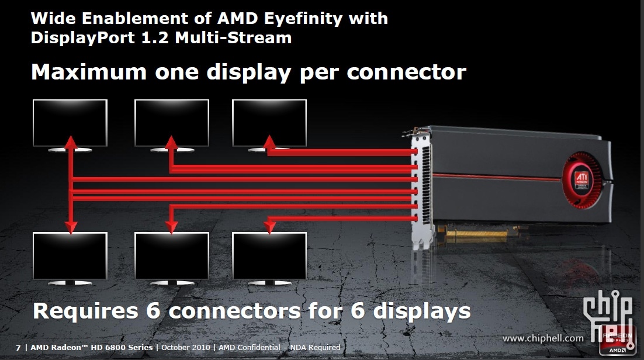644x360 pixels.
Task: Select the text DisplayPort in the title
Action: coord(83,38)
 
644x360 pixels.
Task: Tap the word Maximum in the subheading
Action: coord(89,72)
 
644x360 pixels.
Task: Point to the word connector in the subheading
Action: coord(406,72)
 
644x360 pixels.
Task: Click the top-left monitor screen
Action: coord(70,123)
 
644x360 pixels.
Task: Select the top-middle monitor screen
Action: coord(172,123)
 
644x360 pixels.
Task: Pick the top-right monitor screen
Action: coord(269,123)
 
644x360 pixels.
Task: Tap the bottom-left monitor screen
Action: coord(70,256)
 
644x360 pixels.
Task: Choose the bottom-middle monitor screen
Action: coord(172,256)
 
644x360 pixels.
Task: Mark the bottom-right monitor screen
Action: coord(269,256)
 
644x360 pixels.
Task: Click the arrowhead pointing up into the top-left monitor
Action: coord(71,142)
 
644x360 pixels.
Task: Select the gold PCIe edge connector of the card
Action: coord(477,234)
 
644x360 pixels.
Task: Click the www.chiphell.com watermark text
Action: coord(543,338)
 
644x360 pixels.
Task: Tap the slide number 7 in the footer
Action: coord(18,348)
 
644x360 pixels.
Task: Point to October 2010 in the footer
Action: coord(186,348)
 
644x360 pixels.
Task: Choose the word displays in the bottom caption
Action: coord(421,311)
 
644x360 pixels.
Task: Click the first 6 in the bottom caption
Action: coord(153,310)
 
